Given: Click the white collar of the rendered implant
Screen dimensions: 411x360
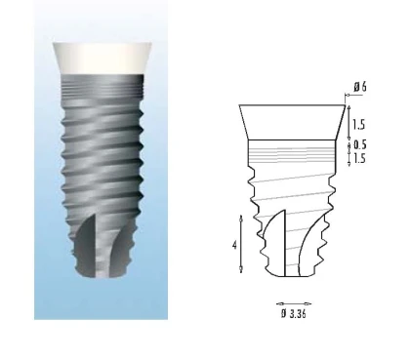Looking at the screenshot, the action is pyautogui.click(x=103, y=58).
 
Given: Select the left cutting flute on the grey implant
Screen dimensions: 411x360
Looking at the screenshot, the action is pyautogui.click(x=87, y=245).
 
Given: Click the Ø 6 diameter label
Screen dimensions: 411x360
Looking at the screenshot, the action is pyautogui.click(x=360, y=87).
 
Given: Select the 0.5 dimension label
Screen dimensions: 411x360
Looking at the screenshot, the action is pyautogui.click(x=359, y=144).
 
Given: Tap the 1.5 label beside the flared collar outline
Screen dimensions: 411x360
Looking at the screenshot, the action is pyautogui.click(x=358, y=125).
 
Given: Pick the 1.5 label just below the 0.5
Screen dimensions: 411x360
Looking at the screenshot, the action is pyautogui.click(x=358, y=158).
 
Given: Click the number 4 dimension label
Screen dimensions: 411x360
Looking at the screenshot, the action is pyautogui.click(x=234, y=245).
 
